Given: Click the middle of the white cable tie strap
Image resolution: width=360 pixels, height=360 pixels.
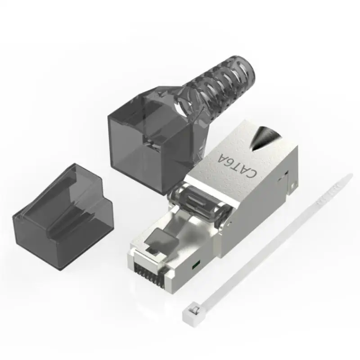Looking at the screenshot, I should (270, 243).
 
